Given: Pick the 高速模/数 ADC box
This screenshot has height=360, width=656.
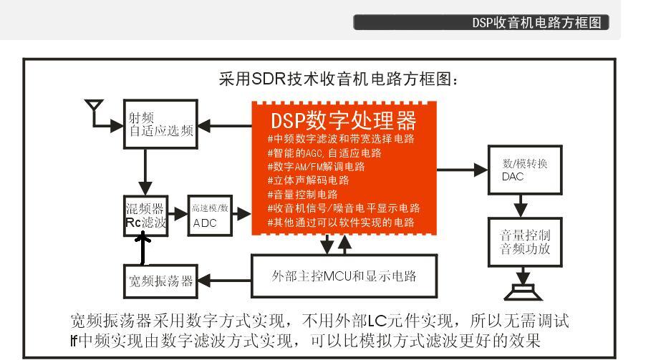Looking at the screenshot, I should pyautogui.click(x=210, y=215).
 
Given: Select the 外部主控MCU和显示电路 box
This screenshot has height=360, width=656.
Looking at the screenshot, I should pyautogui.click(x=343, y=276).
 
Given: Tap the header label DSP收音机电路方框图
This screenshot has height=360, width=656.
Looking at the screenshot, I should pyautogui.click(x=536, y=23).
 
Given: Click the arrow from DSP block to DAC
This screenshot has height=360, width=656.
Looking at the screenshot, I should pyautogui.click(x=461, y=170).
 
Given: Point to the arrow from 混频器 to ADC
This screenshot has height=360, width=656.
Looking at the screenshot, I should pyautogui.click(x=178, y=213).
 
